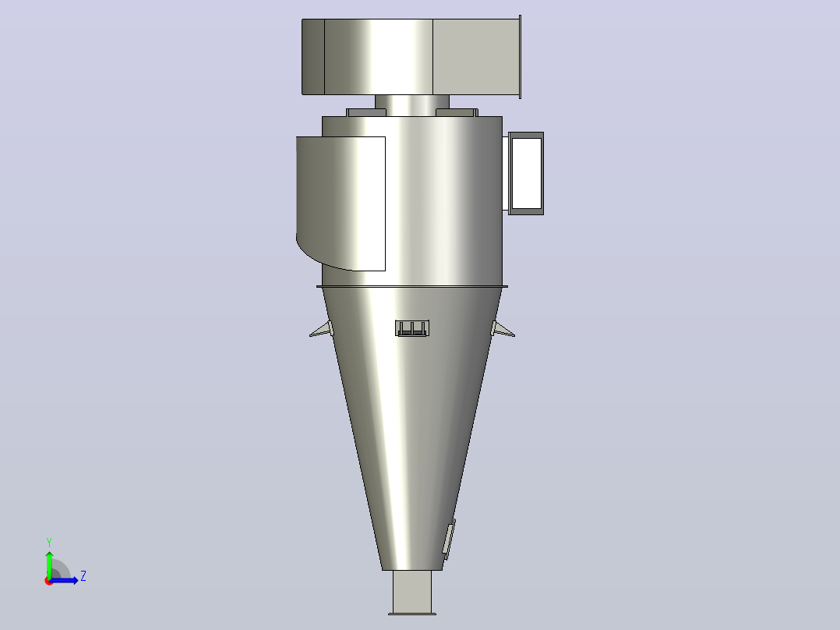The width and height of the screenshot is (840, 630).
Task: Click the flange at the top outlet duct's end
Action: (x=520, y=57)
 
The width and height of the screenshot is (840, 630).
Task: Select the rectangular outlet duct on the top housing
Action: (x=475, y=57)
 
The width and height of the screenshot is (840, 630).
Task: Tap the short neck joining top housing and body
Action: (x=412, y=105)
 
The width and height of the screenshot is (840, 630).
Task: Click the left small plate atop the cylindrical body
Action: (x=366, y=112)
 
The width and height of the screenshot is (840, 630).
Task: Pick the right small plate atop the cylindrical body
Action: (x=457, y=112)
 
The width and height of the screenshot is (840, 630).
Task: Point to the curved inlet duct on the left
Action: (x=341, y=203)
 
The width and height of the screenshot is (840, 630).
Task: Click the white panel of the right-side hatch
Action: (x=527, y=173)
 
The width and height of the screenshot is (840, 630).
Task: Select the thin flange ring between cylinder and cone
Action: (x=412, y=287)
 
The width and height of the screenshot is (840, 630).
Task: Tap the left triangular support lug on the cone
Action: (x=321, y=329)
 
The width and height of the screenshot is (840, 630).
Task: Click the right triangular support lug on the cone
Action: (x=503, y=329)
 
